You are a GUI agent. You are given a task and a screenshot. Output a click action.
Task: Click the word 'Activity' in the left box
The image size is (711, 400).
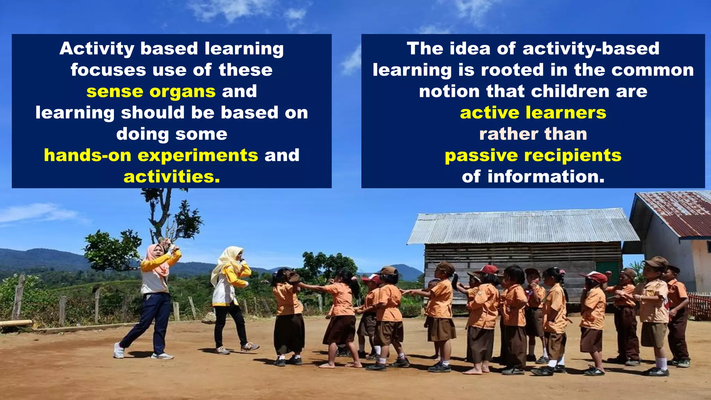(x=97, y=49)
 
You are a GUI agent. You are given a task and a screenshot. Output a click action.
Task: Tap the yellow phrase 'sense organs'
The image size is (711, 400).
(x=151, y=92)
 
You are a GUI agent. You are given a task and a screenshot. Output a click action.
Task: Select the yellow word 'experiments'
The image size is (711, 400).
(x=198, y=156)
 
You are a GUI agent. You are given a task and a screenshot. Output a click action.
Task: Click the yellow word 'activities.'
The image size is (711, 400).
(x=172, y=177)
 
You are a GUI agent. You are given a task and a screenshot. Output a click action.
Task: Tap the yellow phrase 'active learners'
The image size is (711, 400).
(x=533, y=113)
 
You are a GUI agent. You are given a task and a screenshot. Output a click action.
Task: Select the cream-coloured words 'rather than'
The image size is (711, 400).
(x=533, y=134)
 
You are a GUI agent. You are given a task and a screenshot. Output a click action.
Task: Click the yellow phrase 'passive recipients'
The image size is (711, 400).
(x=533, y=156)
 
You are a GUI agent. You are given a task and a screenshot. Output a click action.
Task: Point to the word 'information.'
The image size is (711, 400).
(x=546, y=177)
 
